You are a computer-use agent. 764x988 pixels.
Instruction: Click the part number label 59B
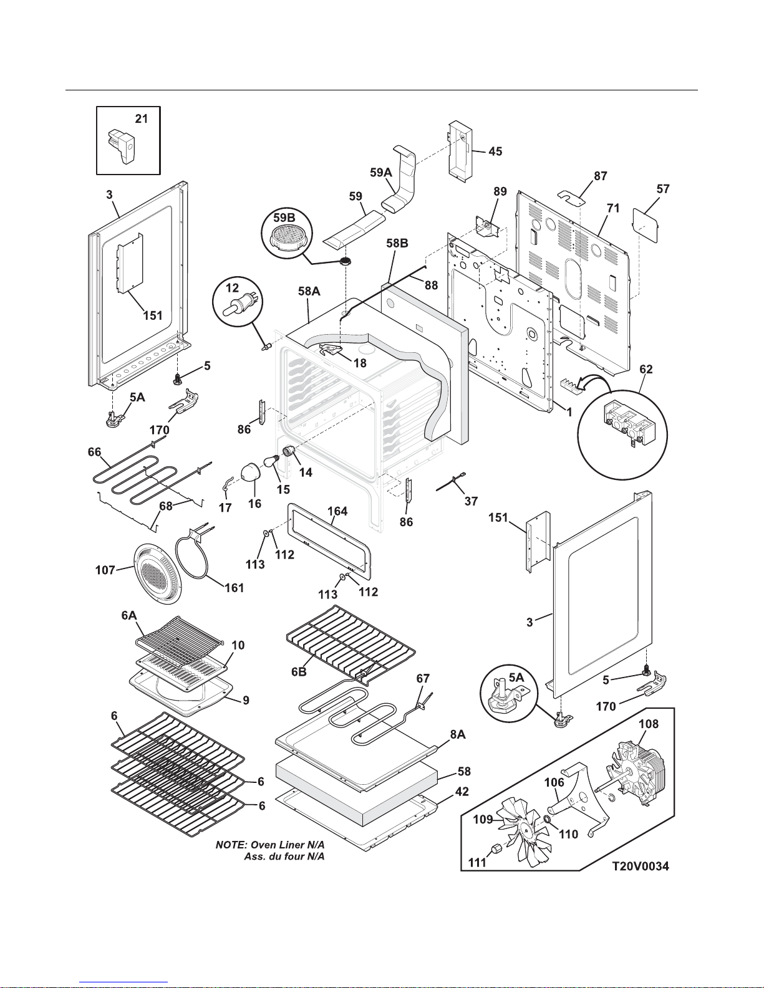click(x=284, y=218)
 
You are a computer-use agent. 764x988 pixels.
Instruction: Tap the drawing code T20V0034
click(x=641, y=866)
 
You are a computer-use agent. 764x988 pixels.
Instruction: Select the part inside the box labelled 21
click(x=124, y=145)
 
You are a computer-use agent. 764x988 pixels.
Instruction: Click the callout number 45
click(x=495, y=151)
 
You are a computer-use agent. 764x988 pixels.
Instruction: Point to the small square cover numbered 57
click(x=647, y=221)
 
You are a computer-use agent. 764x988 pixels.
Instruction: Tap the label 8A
click(x=457, y=735)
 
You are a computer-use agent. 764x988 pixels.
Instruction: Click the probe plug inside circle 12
click(x=236, y=306)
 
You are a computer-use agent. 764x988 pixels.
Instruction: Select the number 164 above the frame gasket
click(x=337, y=511)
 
